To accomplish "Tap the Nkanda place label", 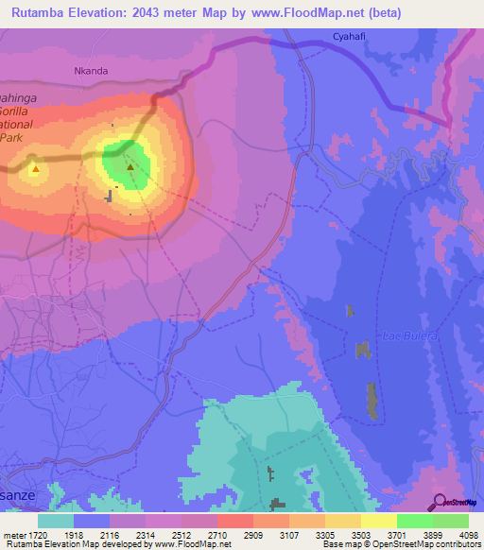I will point(91,71).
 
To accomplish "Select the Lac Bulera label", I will point(405,335).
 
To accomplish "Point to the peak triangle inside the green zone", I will point(130,167).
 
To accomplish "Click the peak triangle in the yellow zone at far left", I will point(35,169).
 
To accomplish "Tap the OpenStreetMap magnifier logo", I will point(441,501).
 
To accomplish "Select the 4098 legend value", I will point(468,534).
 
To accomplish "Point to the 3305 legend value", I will point(324,534).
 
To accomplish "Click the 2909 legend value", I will point(252,534).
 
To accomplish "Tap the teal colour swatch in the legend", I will point(56,521).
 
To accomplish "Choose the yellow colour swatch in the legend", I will point(378,521).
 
